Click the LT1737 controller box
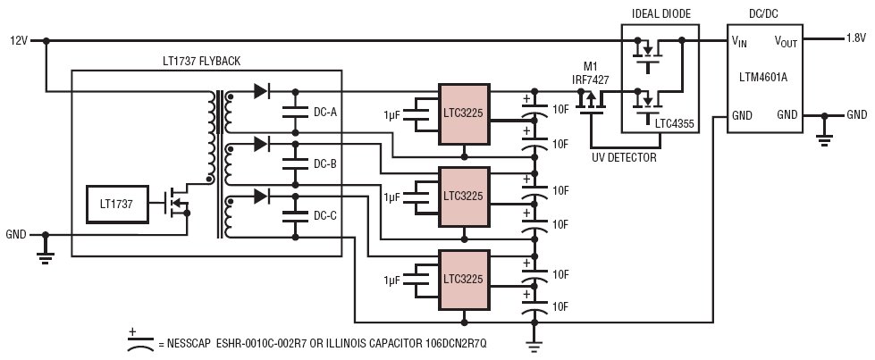point(117,205)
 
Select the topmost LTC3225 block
point(464,113)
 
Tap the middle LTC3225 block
point(464,197)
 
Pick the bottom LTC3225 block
point(464,279)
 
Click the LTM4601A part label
point(764,78)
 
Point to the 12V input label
point(19,41)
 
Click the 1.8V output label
point(856,38)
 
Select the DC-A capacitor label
point(324,113)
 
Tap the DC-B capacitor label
point(324,164)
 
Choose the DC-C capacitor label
point(324,215)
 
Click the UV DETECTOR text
point(624,158)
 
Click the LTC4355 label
point(675,124)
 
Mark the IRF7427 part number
point(591,80)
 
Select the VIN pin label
point(739,42)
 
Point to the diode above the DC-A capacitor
point(261,91)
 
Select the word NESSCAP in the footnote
point(187,344)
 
